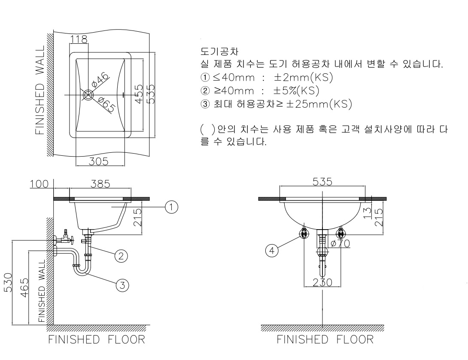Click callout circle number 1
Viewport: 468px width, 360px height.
172,207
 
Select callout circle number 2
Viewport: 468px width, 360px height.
121,256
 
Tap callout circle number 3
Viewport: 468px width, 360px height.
122,284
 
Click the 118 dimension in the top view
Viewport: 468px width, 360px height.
78,39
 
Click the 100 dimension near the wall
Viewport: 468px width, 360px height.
39,184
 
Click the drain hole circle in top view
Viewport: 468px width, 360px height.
88,94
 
